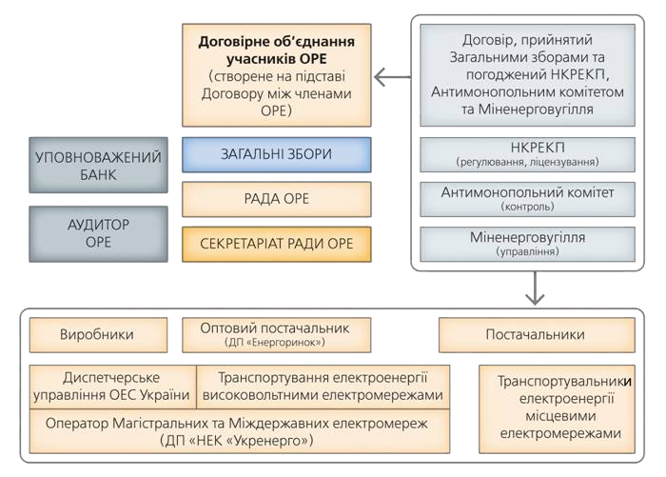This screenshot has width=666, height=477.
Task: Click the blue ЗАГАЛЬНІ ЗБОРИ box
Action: click(277, 154)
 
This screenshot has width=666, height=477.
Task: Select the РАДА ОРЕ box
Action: click(277, 199)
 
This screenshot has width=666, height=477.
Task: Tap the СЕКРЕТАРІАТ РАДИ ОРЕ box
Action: click(277, 244)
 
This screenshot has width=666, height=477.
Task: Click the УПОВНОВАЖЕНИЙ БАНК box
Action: click(99, 165)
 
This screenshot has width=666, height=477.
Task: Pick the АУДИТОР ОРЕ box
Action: click(99, 234)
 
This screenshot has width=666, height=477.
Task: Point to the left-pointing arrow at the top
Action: click(392, 77)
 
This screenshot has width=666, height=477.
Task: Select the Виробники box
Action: click(99, 335)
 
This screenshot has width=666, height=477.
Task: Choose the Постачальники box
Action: click(537, 335)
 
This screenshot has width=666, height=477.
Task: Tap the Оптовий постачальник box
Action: click(277, 335)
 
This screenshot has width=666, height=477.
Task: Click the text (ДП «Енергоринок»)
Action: click(275, 342)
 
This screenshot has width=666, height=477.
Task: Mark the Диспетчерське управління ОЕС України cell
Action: click(113, 387)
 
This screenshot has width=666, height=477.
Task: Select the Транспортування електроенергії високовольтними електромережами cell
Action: click(323, 387)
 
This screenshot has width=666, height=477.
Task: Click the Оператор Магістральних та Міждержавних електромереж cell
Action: click(240, 431)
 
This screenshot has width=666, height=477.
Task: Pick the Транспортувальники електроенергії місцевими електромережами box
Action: click(558, 409)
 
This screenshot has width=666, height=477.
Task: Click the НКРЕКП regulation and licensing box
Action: click(527, 154)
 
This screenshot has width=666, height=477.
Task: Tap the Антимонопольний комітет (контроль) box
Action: click(527, 199)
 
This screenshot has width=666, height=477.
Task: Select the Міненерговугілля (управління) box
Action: click(527, 244)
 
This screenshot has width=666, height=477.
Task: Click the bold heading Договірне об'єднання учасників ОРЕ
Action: click(277, 50)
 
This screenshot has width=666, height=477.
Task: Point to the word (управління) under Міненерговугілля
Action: click(527, 251)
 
